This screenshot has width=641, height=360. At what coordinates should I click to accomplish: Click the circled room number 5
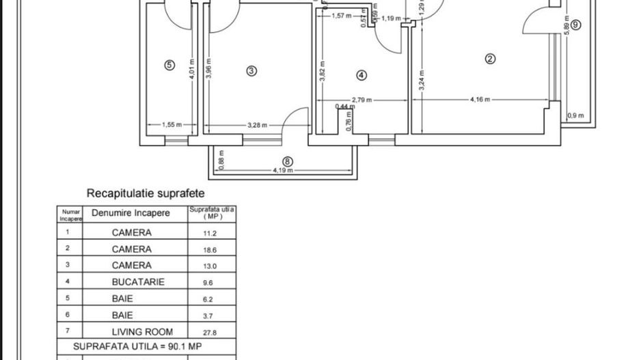pyautogui.click(x=170, y=66)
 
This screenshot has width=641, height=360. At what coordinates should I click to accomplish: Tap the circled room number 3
pyautogui.click(x=251, y=70)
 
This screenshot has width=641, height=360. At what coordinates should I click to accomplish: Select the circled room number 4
pyautogui.click(x=362, y=75)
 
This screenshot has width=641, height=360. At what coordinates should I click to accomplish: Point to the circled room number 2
pyautogui.click(x=490, y=59)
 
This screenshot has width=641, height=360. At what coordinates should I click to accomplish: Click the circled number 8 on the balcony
pyautogui.click(x=288, y=162)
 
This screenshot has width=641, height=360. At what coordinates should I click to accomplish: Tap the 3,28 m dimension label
pyautogui.click(x=258, y=125)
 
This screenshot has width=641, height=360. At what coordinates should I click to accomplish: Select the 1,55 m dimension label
pyautogui.click(x=172, y=125)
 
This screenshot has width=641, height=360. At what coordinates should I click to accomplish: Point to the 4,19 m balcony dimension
pyautogui.click(x=283, y=170)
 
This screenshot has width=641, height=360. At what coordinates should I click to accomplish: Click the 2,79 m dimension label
pyautogui.click(x=362, y=100)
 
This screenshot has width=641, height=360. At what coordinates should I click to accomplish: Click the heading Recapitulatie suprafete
pyautogui.click(x=146, y=194)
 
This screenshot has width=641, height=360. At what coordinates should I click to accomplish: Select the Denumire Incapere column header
pyautogui.click(x=131, y=213)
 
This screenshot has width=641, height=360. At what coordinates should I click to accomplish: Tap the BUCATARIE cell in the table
pyautogui.click(x=138, y=281)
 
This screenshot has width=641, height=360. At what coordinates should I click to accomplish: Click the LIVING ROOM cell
pyautogui.click(x=138, y=332)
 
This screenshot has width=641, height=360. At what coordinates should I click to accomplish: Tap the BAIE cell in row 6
pyautogui.click(x=123, y=315)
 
